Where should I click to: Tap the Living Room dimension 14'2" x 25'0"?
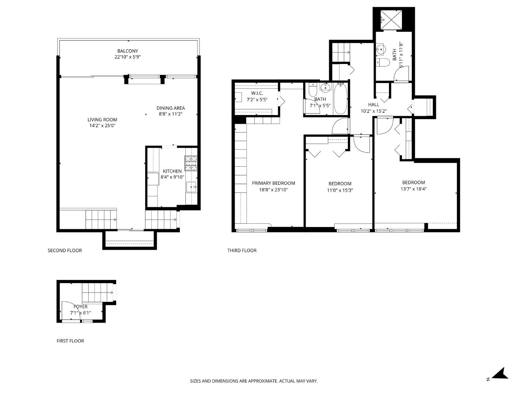(x=102, y=126)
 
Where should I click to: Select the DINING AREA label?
(x=171, y=108)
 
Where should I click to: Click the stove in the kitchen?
(x=191, y=163)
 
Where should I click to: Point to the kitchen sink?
(x=191, y=187)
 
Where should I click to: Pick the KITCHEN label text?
(x=172, y=171)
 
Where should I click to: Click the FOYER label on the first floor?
(x=80, y=307)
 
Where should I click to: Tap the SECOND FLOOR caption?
(x=65, y=250)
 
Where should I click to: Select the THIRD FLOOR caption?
(x=242, y=250)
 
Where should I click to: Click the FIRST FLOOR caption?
(x=70, y=341)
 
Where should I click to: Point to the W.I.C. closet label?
(x=257, y=93)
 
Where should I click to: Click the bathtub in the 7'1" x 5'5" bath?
(x=340, y=98)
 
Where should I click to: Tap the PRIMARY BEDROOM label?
(x=273, y=183)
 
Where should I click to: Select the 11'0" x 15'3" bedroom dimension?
(x=340, y=190)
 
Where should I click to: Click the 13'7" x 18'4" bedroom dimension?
(x=414, y=189)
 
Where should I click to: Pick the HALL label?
(x=373, y=105)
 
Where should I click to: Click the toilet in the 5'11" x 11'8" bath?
(x=383, y=63)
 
